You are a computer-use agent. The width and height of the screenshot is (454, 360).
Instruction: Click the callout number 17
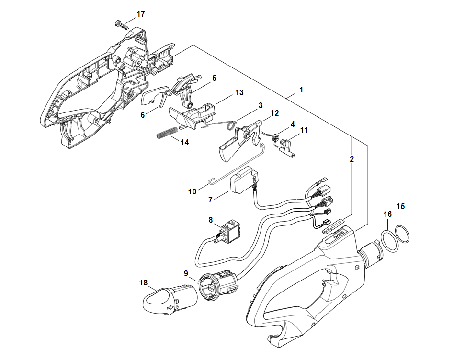tap(140, 14)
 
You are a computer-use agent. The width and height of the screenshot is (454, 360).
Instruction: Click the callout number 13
tap(239, 92)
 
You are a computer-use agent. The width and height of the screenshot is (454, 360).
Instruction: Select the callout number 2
tap(352, 158)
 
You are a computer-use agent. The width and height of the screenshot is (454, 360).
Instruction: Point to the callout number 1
tap(301, 90)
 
